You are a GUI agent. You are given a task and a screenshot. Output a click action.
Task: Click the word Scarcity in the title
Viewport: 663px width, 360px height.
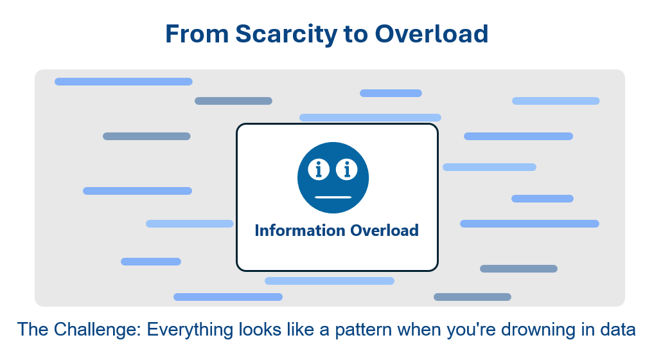(286, 35)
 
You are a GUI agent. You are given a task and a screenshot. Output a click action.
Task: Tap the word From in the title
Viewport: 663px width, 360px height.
(197, 34)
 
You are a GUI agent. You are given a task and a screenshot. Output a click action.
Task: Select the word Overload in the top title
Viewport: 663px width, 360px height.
(431, 34)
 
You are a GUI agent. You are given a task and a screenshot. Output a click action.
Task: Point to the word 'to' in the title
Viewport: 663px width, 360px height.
(356, 35)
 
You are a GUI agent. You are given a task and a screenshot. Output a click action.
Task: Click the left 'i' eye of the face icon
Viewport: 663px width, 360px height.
(319, 170)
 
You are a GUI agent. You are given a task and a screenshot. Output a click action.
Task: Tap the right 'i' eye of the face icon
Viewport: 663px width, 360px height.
(347, 170)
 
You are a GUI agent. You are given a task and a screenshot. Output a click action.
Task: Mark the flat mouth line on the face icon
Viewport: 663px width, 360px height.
(333, 197)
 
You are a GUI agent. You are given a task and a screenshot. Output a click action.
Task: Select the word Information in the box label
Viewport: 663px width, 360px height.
(300, 231)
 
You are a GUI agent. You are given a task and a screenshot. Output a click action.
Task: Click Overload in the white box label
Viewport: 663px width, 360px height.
(384, 231)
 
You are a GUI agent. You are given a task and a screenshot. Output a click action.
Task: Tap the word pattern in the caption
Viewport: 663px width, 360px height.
(364, 330)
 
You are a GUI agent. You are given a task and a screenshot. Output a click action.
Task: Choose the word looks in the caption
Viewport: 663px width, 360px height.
(260, 330)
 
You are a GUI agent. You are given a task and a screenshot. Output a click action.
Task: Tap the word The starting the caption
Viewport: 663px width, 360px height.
(33, 330)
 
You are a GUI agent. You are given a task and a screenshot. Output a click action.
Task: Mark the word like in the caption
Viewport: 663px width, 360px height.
(301, 330)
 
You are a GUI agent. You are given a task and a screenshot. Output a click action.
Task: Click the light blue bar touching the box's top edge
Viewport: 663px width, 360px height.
(371, 118)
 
